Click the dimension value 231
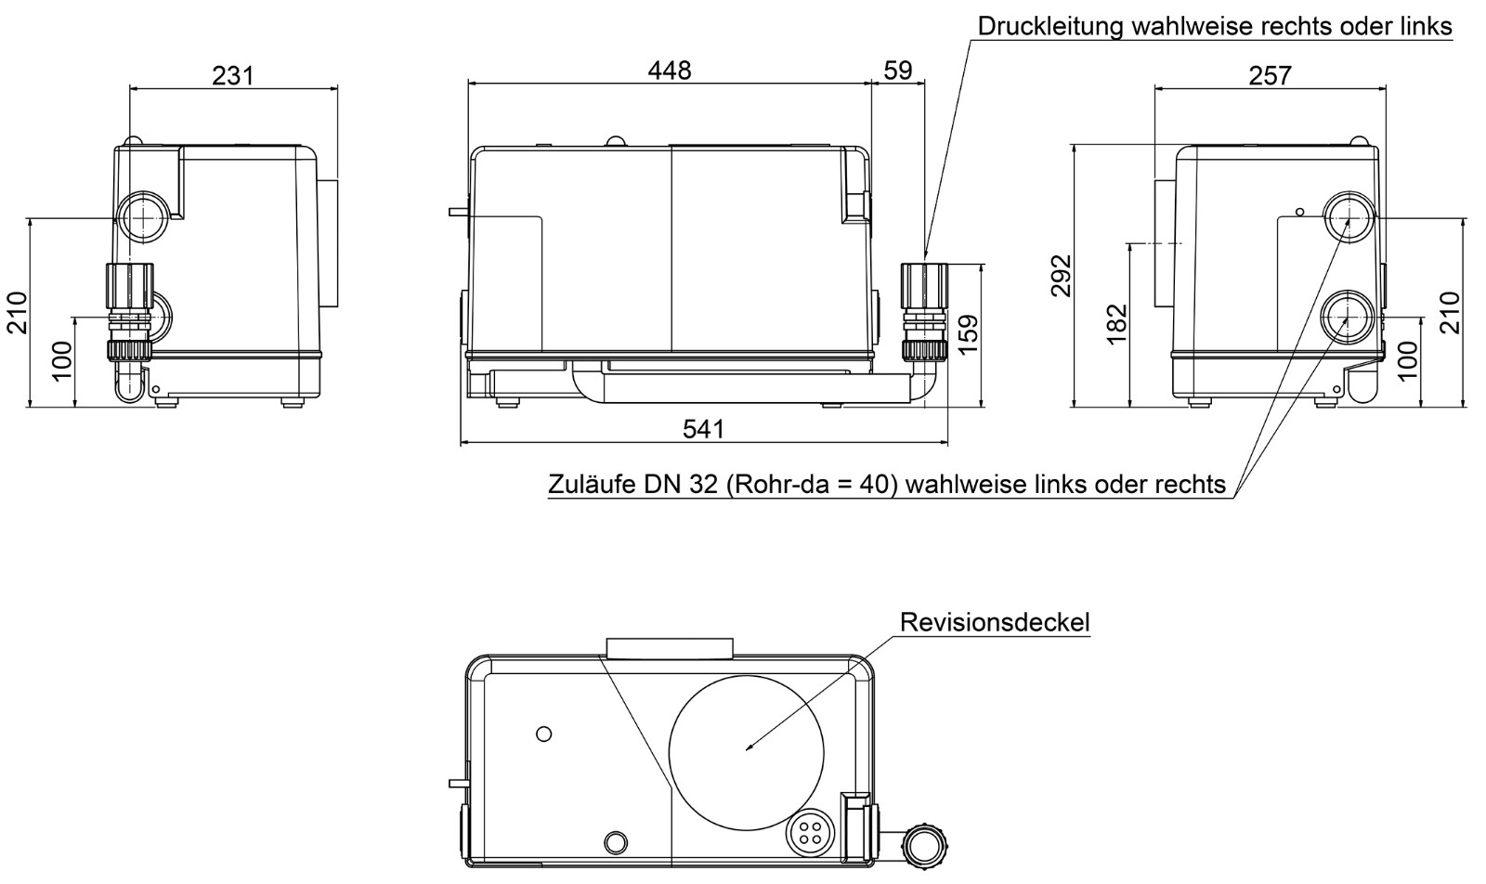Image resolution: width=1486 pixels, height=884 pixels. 232,74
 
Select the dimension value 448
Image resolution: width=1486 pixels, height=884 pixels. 670,70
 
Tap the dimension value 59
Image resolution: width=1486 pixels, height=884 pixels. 898,70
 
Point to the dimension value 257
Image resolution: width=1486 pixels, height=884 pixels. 1270,74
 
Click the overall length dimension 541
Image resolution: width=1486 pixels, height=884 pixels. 703,428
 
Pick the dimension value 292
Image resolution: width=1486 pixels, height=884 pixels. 1061,275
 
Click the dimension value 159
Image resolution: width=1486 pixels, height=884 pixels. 968,335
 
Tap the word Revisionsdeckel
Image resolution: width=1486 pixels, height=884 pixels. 995,622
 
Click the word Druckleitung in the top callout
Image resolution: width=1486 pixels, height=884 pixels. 1050,26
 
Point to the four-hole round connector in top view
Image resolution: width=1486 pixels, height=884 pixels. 806,833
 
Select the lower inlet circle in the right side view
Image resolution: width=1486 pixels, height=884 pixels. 1347,316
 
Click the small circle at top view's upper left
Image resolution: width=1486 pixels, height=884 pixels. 544,734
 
